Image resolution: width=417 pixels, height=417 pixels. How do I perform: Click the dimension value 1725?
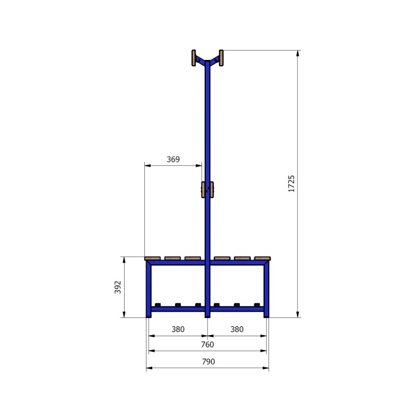point(291,184)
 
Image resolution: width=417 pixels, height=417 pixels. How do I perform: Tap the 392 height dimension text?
point(117,287)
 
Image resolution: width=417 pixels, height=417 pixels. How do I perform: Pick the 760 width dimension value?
point(207,345)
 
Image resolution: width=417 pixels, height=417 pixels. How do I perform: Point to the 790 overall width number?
point(207,361)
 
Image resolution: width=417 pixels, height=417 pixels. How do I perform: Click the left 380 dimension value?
point(178,329)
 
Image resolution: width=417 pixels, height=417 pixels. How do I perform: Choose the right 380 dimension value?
point(237,329)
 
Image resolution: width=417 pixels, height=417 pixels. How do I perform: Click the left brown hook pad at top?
point(194,58)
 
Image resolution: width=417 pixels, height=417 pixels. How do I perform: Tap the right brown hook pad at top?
point(221,58)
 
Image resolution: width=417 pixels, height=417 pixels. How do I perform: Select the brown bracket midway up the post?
point(207,190)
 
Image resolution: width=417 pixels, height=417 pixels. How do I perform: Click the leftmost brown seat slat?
point(153,257)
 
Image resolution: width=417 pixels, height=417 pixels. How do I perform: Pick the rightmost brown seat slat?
point(263,257)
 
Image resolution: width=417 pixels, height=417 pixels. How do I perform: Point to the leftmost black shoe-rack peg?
point(158,305)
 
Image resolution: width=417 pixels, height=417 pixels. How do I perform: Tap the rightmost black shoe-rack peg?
point(256,305)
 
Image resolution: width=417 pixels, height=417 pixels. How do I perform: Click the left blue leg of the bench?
point(149,292)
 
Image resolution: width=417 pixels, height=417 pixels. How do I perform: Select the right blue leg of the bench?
point(266,292)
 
